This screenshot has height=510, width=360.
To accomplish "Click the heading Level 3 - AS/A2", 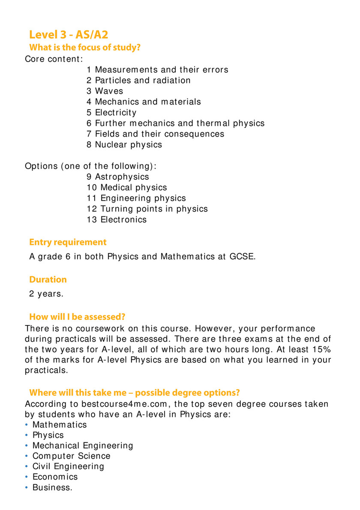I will click(x=69, y=35).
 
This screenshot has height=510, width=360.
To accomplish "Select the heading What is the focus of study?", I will click(x=84, y=48).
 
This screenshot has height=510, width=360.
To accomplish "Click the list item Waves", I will click(x=105, y=91).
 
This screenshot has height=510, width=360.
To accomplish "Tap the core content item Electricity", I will click(x=111, y=113).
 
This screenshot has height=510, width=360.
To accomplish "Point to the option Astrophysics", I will click(x=117, y=177).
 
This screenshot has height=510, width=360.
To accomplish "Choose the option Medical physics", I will click(x=126, y=188).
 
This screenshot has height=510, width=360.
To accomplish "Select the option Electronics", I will click(x=116, y=220).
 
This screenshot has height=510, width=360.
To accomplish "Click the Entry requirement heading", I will click(x=68, y=242).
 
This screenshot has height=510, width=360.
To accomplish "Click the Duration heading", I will click(x=48, y=280).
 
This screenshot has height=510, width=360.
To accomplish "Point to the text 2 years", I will click(x=46, y=294).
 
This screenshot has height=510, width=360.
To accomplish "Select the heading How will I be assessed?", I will click(x=77, y=317).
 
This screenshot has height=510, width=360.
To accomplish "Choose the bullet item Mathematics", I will click(x=60, y=425).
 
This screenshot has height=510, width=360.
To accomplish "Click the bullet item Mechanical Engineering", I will click(x=83, y=446).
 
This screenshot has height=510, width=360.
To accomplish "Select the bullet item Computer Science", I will click(x=71, y=456).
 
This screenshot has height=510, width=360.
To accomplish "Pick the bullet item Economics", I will click(x=55, y=477).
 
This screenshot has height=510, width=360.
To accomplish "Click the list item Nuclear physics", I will click(x=124, y=145).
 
